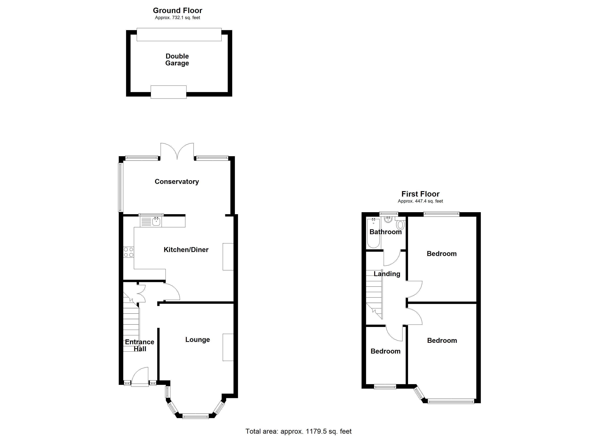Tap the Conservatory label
177,182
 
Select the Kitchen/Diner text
186,250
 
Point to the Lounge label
197,340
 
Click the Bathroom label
385,232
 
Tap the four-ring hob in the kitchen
129,252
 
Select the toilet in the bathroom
400,225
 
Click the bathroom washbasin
388,219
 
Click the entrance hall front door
140,377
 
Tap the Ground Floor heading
177,11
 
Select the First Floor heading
420,194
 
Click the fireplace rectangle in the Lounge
228,347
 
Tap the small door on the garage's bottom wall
169,92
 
